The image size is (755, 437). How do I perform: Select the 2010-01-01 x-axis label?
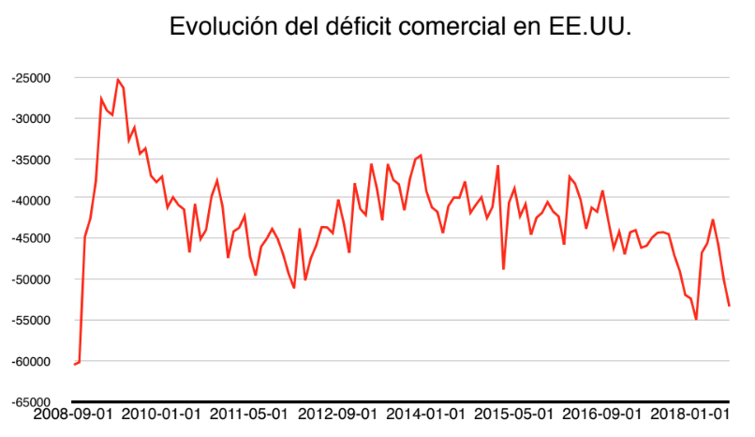(162, 414)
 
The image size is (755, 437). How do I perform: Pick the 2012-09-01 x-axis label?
(339, 414)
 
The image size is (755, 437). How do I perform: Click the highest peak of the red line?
(117, 80)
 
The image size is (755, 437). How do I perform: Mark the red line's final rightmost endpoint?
(729, 306)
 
